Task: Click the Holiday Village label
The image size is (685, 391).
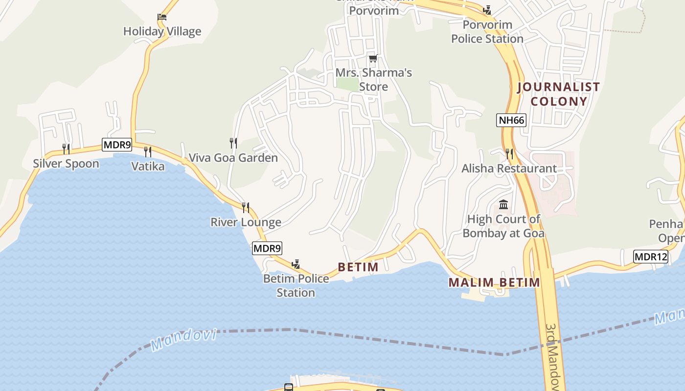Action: [x=162, y=31]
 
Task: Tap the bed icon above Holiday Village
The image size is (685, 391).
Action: [x=162, y=17]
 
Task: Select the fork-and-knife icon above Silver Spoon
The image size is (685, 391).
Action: [x=66, y=149]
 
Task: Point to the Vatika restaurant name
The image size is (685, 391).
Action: [x=148, y=166]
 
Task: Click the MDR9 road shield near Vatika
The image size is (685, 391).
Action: [x=117, y=144]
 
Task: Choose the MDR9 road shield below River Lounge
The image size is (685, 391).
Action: [x=267, y=248]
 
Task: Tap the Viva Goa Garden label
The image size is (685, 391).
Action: [x=233, y=157]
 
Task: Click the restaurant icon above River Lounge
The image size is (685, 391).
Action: [x=246, y=208]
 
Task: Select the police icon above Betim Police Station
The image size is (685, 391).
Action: [x=296, y=264]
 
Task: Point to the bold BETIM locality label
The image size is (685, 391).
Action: [x=358, y=267]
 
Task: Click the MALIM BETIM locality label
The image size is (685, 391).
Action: [x=494, y=282]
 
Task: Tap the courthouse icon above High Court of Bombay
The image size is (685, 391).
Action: [x=503, y=204]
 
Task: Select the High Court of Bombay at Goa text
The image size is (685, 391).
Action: [x=503, y=226]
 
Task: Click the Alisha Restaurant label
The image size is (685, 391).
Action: [x=509, y=169]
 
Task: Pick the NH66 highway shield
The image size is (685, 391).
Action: [x=511, y=120]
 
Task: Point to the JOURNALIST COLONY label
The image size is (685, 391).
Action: [x=558, y=94]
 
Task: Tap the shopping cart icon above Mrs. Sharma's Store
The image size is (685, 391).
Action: [x=373, y=59]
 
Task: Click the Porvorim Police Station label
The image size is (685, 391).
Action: [x=487, y=31]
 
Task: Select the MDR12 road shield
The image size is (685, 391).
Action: [x=650, y=257]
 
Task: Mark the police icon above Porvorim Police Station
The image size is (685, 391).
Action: [x=487, y=10]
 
